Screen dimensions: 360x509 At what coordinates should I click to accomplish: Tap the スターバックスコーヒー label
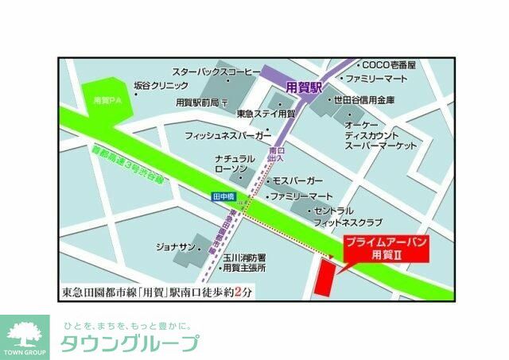[216, 72]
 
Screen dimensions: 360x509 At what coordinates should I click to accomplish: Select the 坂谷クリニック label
[161, 86]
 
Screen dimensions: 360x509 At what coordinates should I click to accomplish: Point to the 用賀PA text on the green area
[105, 101]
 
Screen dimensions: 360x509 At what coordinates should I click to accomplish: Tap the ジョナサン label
[174, 248]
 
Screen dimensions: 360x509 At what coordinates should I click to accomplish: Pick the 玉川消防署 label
[243, 257]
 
